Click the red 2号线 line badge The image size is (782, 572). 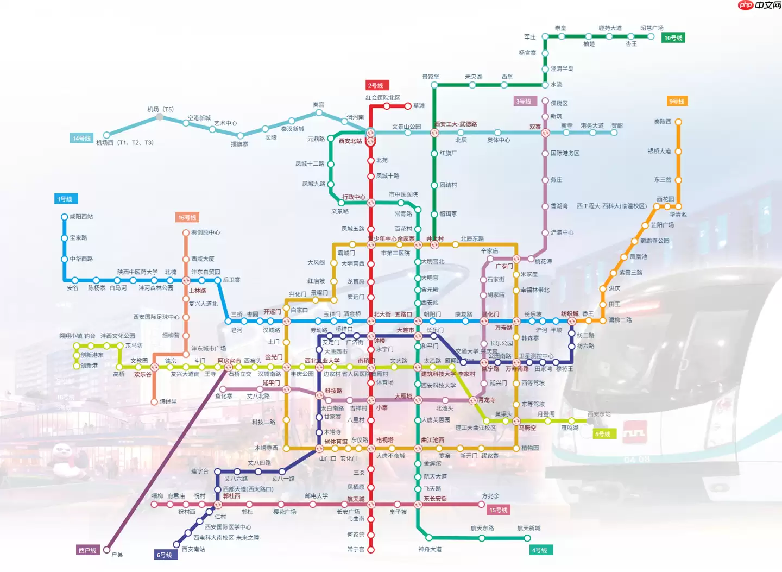(x=375, y=85)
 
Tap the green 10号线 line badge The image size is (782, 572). (x=673, y=38)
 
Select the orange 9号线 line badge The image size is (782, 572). (x=677, y=102)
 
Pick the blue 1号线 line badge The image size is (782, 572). (x=65, y=199)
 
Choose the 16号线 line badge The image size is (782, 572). (x=187, y=217)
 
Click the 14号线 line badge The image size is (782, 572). (x=81, y=139)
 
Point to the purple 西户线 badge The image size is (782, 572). (x=87, y=550)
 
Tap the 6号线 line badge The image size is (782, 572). (x=165, y=555)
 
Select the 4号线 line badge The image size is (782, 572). (x=540, y=550)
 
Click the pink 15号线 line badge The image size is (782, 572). (x=499, y=510)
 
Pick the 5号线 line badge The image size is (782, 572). (x=603, y=434)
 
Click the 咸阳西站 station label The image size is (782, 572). (x=81, y=217)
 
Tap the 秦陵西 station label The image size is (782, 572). (x=663, y=122)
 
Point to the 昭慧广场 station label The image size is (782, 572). (x=652, y=28)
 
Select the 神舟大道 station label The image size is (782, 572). (x=430, y=549)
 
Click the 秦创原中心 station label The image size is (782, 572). (x=206, y=232)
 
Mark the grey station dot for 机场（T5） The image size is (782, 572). (x=159, y=117)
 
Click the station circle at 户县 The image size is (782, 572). (x=107, y=550)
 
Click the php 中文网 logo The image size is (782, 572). (x=759, y=5)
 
